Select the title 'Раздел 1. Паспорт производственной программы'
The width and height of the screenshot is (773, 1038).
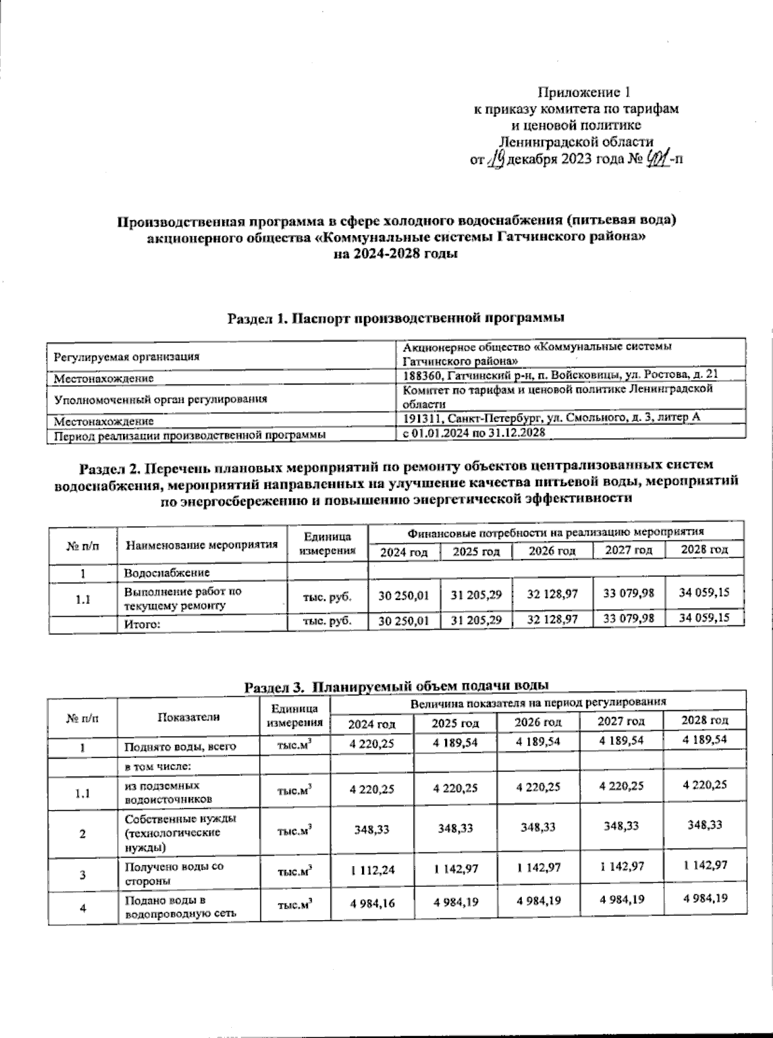[396, 317]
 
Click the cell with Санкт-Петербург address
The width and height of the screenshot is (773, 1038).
[551, 418]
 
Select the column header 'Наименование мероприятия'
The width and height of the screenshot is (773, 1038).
[202, 545]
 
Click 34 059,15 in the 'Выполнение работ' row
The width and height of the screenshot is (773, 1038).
[704, 592]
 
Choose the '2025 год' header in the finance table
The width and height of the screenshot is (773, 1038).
[476, 552]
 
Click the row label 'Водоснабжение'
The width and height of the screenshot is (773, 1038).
[167, 572]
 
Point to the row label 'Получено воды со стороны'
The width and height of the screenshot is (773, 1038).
[174, 874]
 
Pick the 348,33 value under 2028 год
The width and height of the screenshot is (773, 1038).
[704, 825]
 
